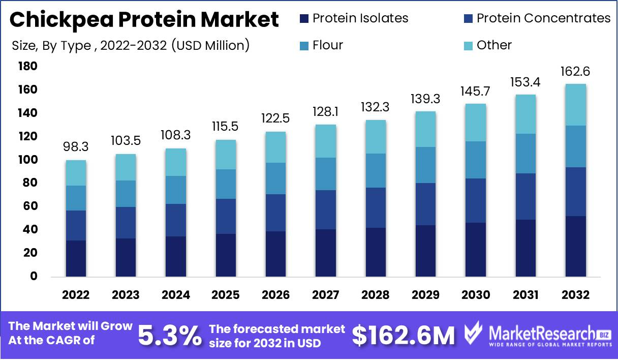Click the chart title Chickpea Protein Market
click(144, 20)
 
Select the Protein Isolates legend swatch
click(304, 19)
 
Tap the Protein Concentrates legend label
click(543, 18)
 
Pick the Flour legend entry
click(328, 45)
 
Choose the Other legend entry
click(494, 45)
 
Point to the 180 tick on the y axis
click(27, 67)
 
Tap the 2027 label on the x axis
click(326, 295)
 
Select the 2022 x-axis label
click(76, 295)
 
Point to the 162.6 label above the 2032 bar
click(576, 72)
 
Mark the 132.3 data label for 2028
click(376, 108)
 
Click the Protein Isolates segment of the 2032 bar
click(576, 246)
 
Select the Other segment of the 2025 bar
click(226, 155)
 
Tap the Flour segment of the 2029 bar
click(426, 165)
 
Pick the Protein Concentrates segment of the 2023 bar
click(126, 223)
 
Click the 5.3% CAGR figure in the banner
click(170, 335)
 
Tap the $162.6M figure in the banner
click(404, 336)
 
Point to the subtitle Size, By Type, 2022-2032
click(131, 45)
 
